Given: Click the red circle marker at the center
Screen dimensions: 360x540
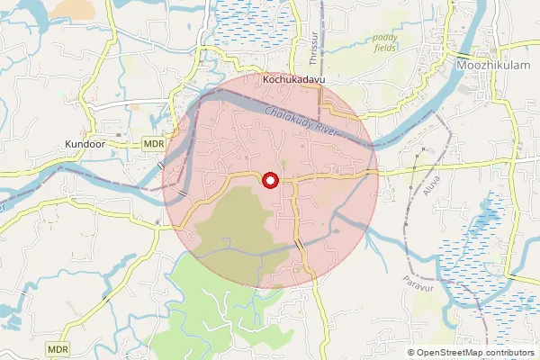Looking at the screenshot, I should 269,181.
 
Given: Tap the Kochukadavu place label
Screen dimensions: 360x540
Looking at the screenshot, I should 292,80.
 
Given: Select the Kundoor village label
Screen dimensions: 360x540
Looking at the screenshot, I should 85,143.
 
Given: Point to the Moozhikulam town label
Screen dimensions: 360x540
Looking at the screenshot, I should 489,67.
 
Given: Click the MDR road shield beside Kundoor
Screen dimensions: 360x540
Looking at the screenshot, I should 153,144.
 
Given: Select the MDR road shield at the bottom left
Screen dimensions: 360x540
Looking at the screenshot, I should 58,348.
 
